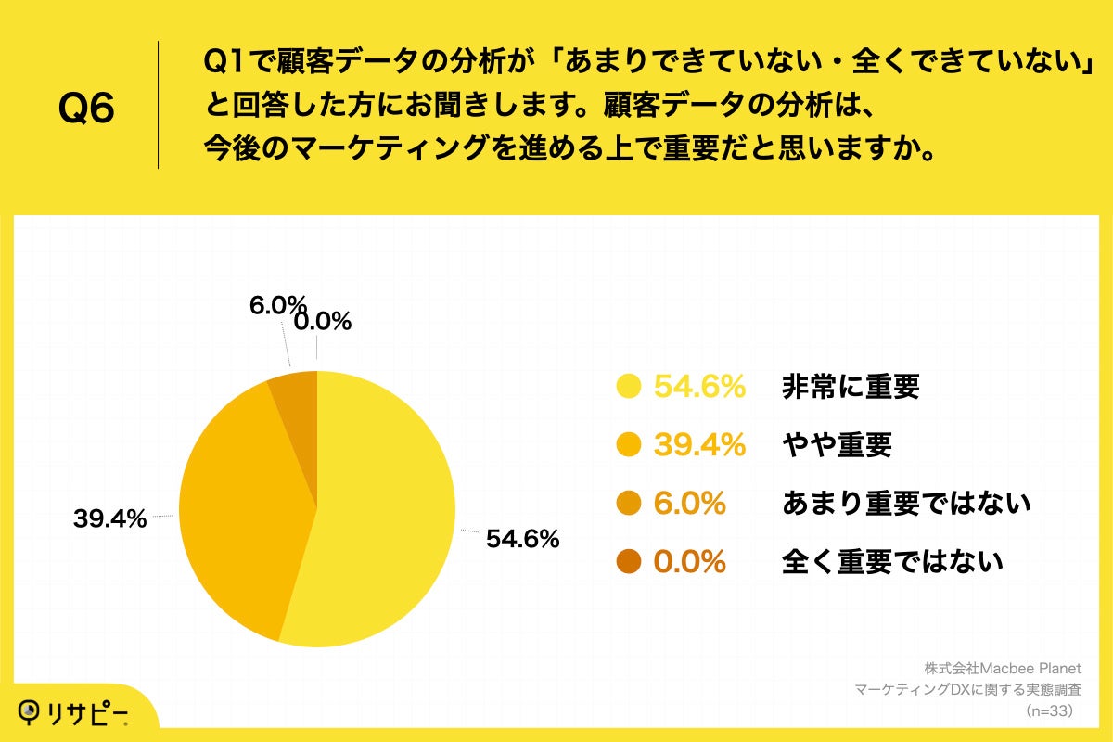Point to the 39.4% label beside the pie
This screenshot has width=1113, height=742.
[109, 519]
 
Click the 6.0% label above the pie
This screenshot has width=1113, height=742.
[277, 304]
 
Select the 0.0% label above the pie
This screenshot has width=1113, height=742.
[322, 322]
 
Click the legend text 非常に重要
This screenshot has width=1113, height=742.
[851, 387]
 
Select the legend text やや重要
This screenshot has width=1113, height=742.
[837, 445]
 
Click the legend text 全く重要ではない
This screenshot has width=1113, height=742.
[892, 562]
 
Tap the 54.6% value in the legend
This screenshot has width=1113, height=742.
[700, 387]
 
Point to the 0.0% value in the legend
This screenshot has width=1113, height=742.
[690, 562]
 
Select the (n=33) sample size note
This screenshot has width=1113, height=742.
[1049, 711]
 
